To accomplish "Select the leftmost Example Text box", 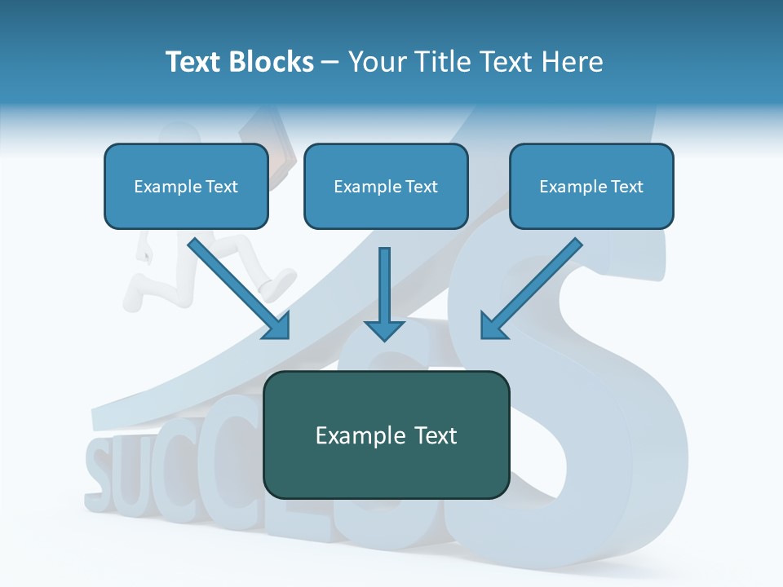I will coord(186,186).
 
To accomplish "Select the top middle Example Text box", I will coord(386,186).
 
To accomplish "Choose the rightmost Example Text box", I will coord(591,186).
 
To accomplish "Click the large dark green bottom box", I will coord(386,435).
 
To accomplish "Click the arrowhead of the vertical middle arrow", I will coord(384,329).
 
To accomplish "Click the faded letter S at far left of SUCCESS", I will coord(100,469).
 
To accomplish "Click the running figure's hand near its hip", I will coord(144,257).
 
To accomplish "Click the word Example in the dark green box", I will coord(354,435).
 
